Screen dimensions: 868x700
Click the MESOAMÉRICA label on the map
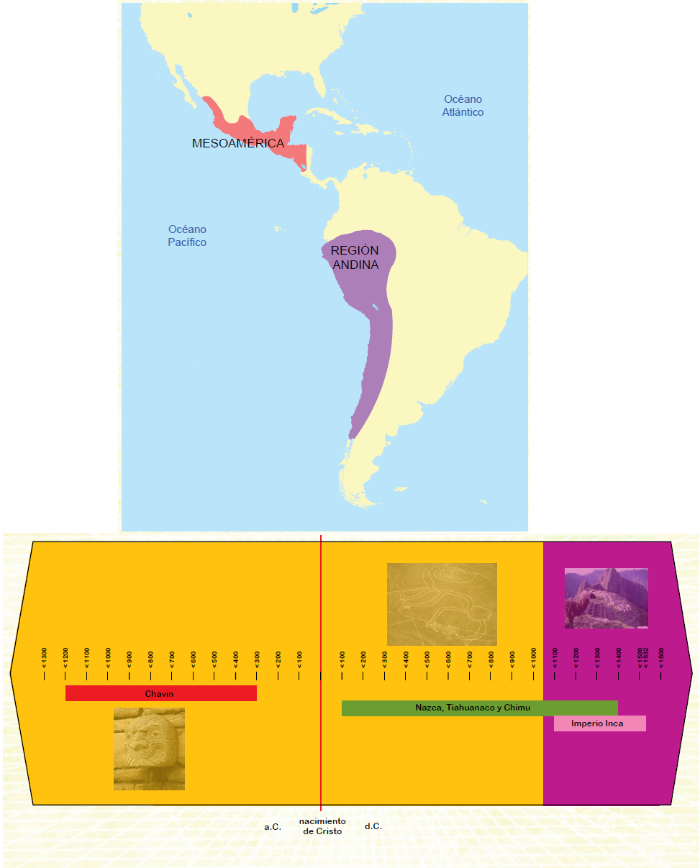[x=238, y=143]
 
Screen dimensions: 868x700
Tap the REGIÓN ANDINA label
[x=355, y=257]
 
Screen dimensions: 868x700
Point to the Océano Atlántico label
[x=463, y=106]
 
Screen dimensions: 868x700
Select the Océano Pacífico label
[x=187, y=236]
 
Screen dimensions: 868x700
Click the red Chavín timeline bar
[x=160, y=693]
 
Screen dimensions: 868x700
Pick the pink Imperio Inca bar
[x=599, y=723]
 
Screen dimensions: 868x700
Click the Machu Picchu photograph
[x=606, y=598]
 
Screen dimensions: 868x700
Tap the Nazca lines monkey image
[x=442, y=604]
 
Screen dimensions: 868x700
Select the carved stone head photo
[x=149, y=749]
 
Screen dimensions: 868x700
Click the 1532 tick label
[x=646, y=657]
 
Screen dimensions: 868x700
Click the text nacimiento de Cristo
[x=322, y=826]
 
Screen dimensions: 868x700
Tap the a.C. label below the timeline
[x=272, y=827]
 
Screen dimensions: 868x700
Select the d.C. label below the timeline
[x=373, y=827]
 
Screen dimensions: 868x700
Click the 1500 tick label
[x=640, y=657]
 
